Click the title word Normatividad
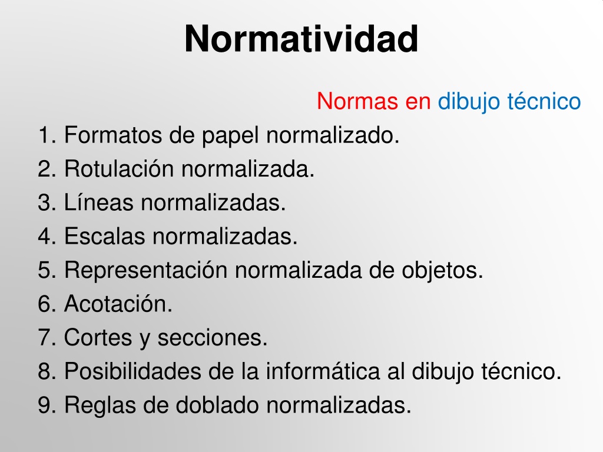point(301,39)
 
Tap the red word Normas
point(357,101)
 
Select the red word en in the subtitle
point(418,103)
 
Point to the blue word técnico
point(544,101)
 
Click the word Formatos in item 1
point(112,135)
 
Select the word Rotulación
point(119,169)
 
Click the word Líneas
point(98,202)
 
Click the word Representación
point(146,270)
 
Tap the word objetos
point(442,270)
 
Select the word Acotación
point(118,304)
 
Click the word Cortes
point(98,337)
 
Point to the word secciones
point(212,337)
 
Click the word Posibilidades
point(132,371)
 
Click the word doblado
point(217,405)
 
